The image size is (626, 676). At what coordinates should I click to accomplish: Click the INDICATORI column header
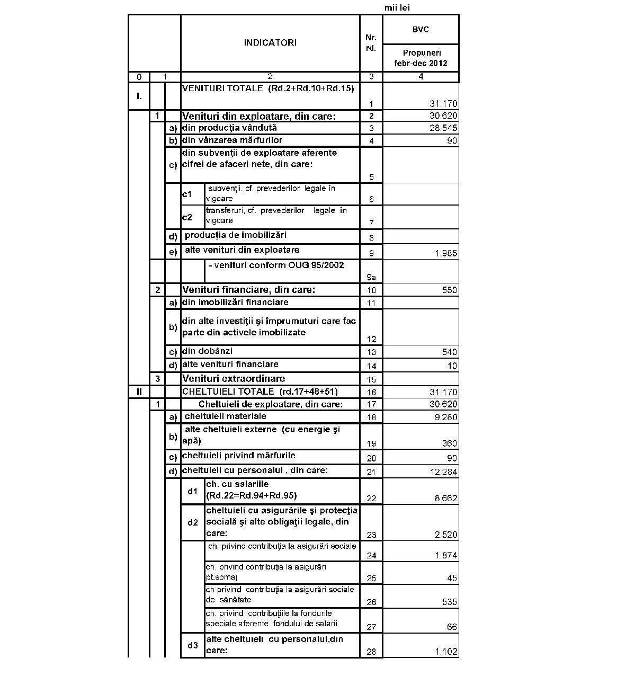tap(270, 43)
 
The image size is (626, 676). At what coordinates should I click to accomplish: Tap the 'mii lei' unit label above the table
tap(397, 7)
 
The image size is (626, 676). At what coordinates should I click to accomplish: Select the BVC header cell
tap(421, 30)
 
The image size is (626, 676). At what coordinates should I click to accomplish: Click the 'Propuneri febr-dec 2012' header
tap(421, 58)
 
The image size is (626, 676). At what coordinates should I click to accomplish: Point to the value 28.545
tap(443, 128)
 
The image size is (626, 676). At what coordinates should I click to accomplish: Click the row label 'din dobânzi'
tap(207, 351)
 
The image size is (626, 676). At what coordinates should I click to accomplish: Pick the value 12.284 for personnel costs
tap(443, 472)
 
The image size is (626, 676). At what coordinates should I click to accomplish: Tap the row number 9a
tap(371, 277)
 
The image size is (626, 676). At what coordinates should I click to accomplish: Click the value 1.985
tap(446, 253)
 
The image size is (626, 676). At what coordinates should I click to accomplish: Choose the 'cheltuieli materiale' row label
tap(225, 416)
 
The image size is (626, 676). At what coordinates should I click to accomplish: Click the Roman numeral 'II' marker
tap(139, 392)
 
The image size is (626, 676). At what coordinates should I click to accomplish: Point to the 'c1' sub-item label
tap(187, 194)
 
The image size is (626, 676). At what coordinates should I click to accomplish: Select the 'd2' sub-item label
tap(193, 522)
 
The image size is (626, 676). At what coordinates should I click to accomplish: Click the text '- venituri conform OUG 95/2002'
tap(276, 265)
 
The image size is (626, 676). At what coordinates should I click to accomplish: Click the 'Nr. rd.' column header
tap(371, 43)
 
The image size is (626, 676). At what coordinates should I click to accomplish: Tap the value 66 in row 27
tap(452, 627)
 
